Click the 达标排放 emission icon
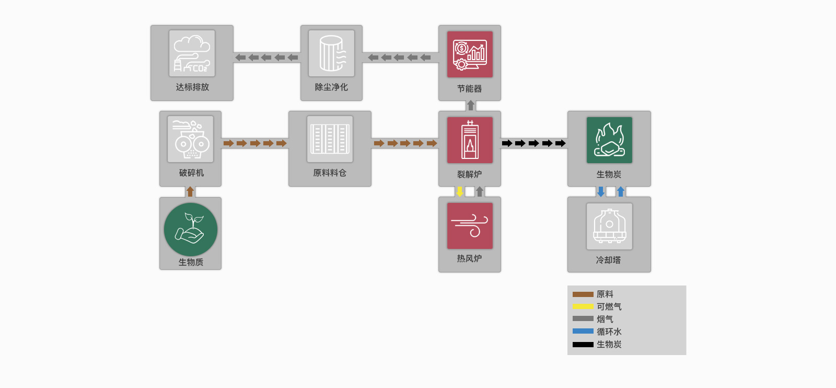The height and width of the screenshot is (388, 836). (192, 53)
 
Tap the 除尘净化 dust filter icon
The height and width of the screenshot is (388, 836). (331, 53)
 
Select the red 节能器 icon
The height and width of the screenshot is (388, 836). (470, 54)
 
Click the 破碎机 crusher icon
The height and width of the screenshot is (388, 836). (190, 139)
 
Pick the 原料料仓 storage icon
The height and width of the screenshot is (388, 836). (330, 139)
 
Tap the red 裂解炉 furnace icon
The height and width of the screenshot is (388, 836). (470, 140)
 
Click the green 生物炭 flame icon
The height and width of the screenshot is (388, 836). (609, 140)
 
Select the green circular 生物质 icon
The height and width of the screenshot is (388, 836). (191, 230)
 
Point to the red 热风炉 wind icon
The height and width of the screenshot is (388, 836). (470, 226)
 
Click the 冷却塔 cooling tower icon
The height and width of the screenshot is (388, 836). (609, 226)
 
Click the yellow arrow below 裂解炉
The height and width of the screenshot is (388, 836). (460, 192)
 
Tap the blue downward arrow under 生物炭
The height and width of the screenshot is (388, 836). (601, 192)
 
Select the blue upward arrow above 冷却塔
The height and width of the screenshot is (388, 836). (621, 192)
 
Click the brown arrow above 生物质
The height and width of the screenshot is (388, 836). (190, 192)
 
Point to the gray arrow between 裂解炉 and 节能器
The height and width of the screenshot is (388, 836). (471, 106)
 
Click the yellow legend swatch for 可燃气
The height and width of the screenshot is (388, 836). (583, 306)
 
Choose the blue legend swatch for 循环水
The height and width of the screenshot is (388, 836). (583, 332)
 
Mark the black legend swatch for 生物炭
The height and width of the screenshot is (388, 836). (583, 345)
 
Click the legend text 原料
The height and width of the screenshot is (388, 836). (605, 294)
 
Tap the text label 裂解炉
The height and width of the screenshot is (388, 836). (469, 174)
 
